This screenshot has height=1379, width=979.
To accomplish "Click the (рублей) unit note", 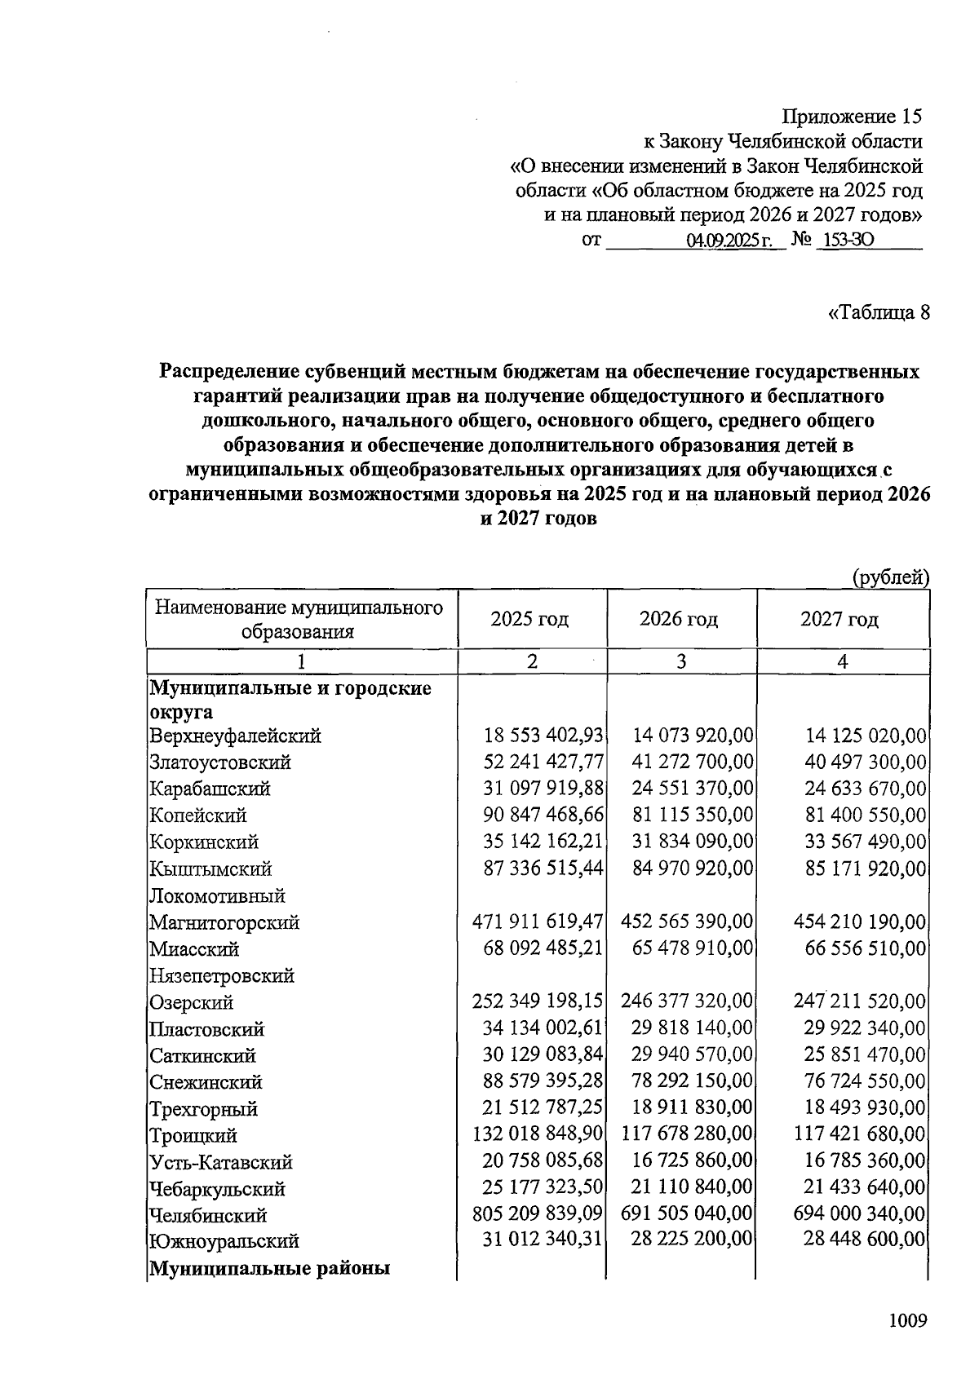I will pos(890,578).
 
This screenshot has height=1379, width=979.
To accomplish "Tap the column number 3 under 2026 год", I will pos(680,661).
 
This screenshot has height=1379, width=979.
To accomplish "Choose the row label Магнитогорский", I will pos(224,922).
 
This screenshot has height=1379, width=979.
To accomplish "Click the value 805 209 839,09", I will pos(538,1215).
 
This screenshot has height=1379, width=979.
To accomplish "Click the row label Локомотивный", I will pos(217,896).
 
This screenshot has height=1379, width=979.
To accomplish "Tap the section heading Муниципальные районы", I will pos(269,1269).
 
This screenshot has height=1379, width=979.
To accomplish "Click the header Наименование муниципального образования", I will pos(299,620).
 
